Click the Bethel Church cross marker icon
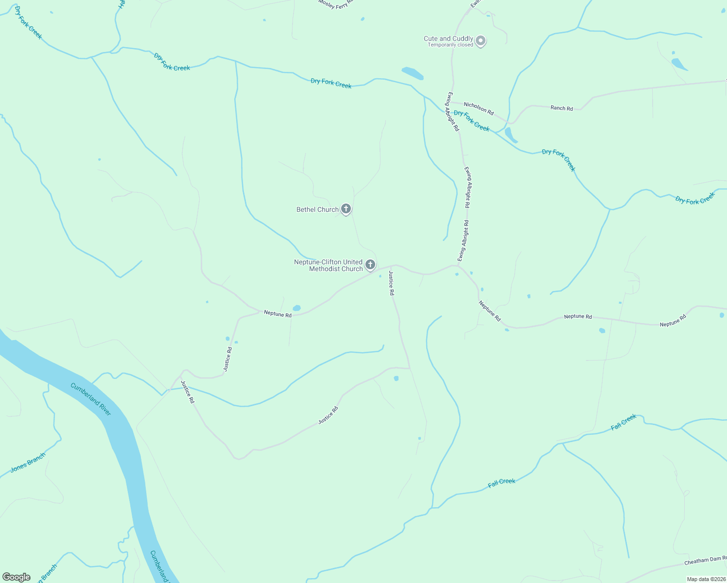[x=346, y=209]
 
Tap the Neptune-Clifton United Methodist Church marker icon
[x=370, y=265]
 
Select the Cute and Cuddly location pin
[x=481, y=41]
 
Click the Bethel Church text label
[x=317, y=210]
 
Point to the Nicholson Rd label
[x=479, y=108]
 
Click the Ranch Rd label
[x=561, y=108]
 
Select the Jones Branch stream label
[x=28, y=463]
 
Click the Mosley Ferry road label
[x=336, y=4]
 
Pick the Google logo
[x=17, y=577]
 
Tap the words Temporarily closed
[x=450, y=45]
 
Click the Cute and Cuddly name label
[x=448, y=38]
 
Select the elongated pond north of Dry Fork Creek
[x=413, y=73]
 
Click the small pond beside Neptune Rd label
[x=296, y=308]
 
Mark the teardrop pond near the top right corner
[x=679, y=63]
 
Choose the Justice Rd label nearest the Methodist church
[x=391, y=284]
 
